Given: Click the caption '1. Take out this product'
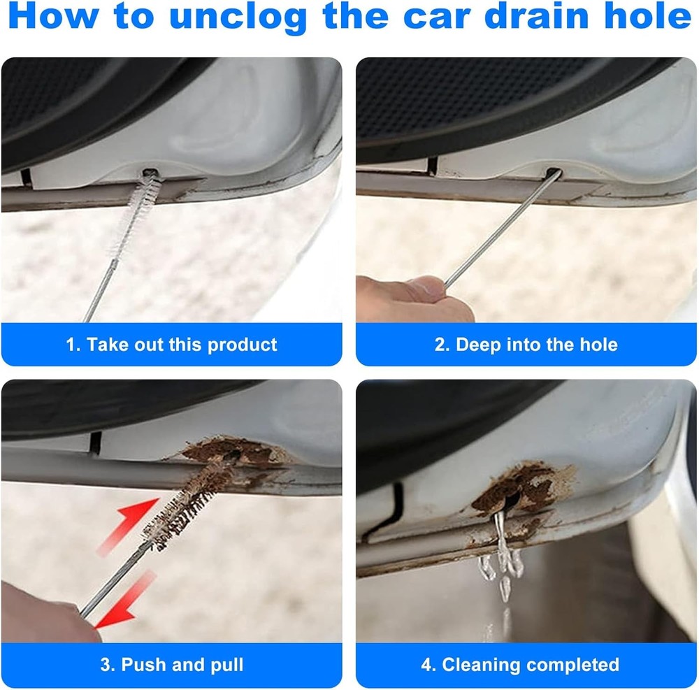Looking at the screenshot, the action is coord(171,345).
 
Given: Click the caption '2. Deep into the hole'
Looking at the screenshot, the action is coord(526,345).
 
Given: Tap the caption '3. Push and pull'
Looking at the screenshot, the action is coord(171,664).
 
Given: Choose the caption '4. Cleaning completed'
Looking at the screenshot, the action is coord(520,664).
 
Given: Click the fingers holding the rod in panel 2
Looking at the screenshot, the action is coord(405,294).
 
